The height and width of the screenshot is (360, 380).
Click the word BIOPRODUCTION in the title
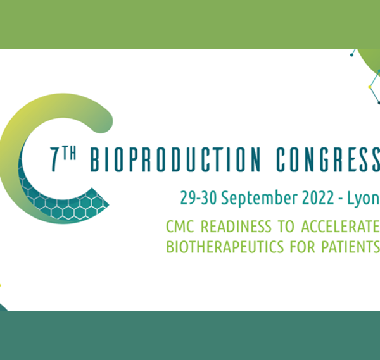(x=175, y=159)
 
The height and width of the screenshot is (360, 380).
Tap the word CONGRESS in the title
(x=328, y=159)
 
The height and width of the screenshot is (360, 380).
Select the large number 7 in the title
(x=54, y=159)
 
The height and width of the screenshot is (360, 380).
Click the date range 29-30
(x=198, y=198)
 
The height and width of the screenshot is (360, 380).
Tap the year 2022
(x=318, y=198)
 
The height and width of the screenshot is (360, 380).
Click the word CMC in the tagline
(x=180, y=227)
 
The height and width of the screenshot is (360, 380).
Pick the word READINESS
(x=236, y=227)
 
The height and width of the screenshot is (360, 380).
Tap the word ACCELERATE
(x=341, y=227)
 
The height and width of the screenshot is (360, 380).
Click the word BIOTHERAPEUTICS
(x=225, y=247)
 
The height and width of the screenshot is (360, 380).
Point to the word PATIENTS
(x=350, y=247)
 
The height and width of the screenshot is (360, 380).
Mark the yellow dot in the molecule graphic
(x=370, y=87)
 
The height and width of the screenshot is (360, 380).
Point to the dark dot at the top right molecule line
(x=351, y=55)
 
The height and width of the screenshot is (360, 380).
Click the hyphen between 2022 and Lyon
(x=341, y=199)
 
